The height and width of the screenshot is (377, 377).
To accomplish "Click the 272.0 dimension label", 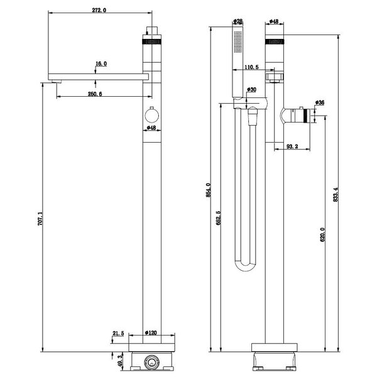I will (99, 11).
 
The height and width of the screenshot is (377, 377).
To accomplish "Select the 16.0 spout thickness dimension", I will (101, 64).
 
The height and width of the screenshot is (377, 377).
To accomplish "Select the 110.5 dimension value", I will (253, 67).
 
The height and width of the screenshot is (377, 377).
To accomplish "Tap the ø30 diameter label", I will (252, 90).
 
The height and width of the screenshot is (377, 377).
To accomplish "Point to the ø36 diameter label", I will (319, 102).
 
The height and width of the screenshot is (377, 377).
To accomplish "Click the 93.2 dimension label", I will (293, 146).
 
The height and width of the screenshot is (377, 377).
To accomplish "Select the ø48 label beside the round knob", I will (151, 128).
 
